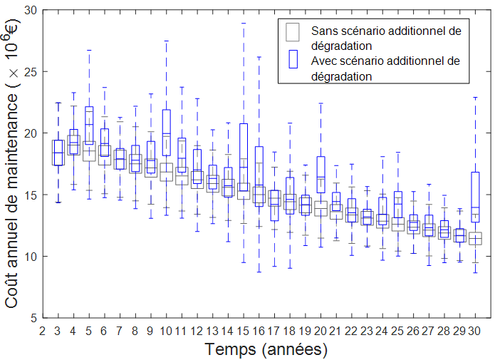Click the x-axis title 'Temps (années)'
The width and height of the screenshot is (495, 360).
[266, 349]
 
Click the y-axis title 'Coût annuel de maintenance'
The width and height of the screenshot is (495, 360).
[13, 164]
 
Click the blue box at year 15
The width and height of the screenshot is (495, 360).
[244, 158]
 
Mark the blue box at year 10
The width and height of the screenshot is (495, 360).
[167, 133]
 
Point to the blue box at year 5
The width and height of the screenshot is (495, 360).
[89, 125]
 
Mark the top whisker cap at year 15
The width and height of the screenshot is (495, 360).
[244, 23]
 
